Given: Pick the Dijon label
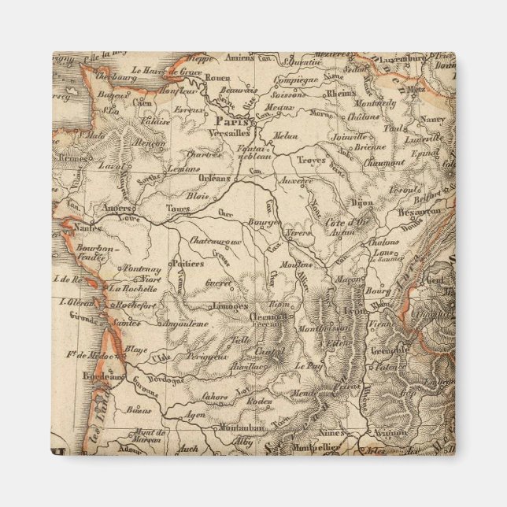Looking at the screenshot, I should (361, 202).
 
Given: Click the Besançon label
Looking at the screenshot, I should (419, 212).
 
